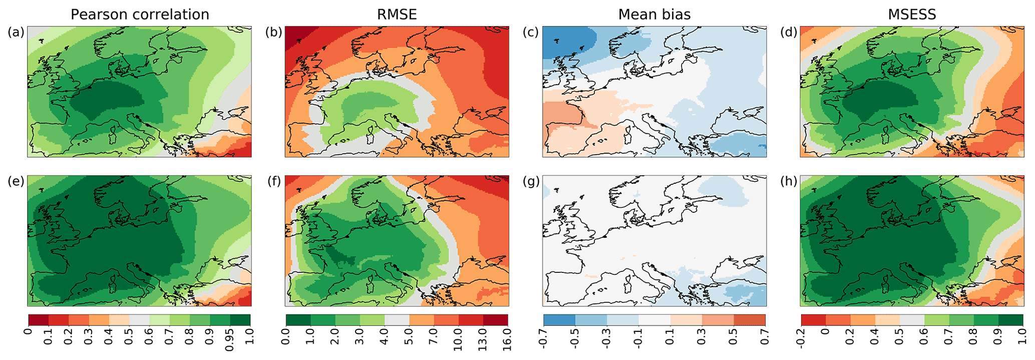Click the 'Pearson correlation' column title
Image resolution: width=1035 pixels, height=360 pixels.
[x=140, y=15]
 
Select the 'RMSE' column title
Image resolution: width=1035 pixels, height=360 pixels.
[x=397, y=15]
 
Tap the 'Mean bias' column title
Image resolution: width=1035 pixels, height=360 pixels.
[x=654, y=15]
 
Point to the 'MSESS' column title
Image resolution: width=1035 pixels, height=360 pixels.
[x=912, y=15]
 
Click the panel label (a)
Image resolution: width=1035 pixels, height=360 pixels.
[x=16, y=33]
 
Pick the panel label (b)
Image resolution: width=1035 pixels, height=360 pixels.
[x=273, y=33]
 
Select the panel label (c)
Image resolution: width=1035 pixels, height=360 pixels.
[x=531, y=33]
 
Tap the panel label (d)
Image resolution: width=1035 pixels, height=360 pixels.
[x=789, y=33]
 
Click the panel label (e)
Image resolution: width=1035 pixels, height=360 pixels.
[x=16, y=181]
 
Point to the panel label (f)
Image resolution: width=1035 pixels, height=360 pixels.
[x=273, y=181]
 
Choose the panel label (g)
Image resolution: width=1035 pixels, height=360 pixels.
[x=531, y=181]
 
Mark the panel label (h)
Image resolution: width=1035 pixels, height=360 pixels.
[x=789, y=181]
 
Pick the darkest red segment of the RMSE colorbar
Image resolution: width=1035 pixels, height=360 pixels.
[x=496, y=320]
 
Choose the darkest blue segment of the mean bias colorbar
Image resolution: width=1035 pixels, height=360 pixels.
[x=559, y=320]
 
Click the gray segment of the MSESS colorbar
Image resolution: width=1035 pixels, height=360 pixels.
[x=912, y=320]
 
